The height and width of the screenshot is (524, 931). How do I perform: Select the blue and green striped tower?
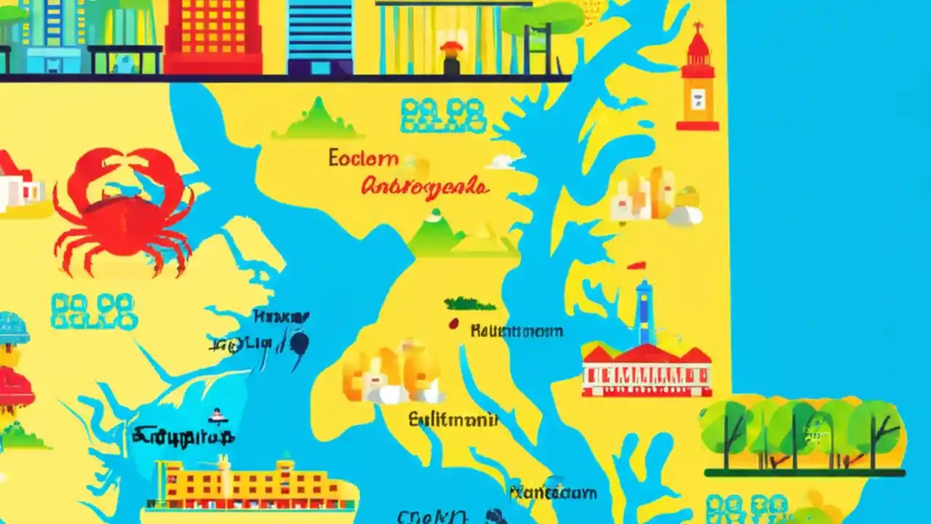[x=644, y=313]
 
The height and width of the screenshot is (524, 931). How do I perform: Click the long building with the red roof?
[x=647, y=370]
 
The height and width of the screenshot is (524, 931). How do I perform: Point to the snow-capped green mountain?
[x=436, y=233]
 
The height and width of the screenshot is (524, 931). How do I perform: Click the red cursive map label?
[x=425, y=186]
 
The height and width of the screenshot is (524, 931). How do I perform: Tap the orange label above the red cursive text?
[x=363, y=158]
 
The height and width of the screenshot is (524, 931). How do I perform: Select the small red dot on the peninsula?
[x=453, y=324]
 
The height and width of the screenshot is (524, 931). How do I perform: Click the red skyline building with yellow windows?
[x=212, y=36]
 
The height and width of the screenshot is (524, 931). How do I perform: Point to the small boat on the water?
[x=216, y=416]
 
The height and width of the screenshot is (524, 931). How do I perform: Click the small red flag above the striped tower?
[x=636, y=266]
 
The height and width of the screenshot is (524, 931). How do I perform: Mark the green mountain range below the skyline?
[x=317, y=119]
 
